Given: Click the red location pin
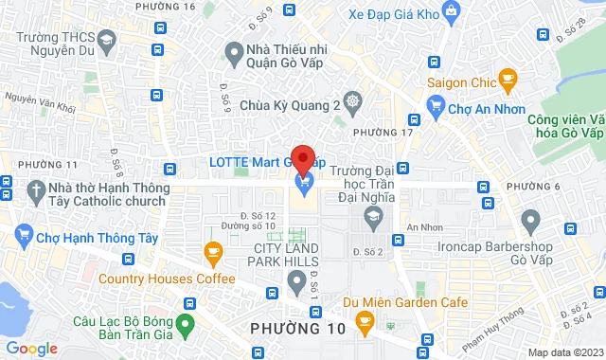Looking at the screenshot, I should (303, 158).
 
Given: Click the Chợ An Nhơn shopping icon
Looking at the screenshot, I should (437, 108).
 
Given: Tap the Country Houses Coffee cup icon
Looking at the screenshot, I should (213, 252).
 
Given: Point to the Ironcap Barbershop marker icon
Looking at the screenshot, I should (530, 222).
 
